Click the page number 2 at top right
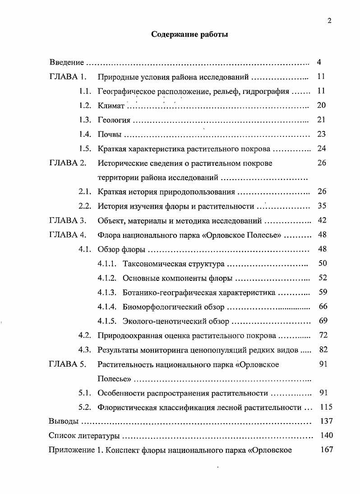[x=329, y=20]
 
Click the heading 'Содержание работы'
[x=189, y=34]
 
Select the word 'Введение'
[x=66, y=62]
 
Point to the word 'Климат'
[x=111, y=106]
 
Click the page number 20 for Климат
[x=321, y=105]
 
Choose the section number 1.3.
[x=85, y=120]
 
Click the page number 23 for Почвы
[x=321, y=134]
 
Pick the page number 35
[x=322, y=206]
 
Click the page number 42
[x=322, y=221]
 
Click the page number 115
[x=326, y=407]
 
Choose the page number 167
[x=326, y=450]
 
